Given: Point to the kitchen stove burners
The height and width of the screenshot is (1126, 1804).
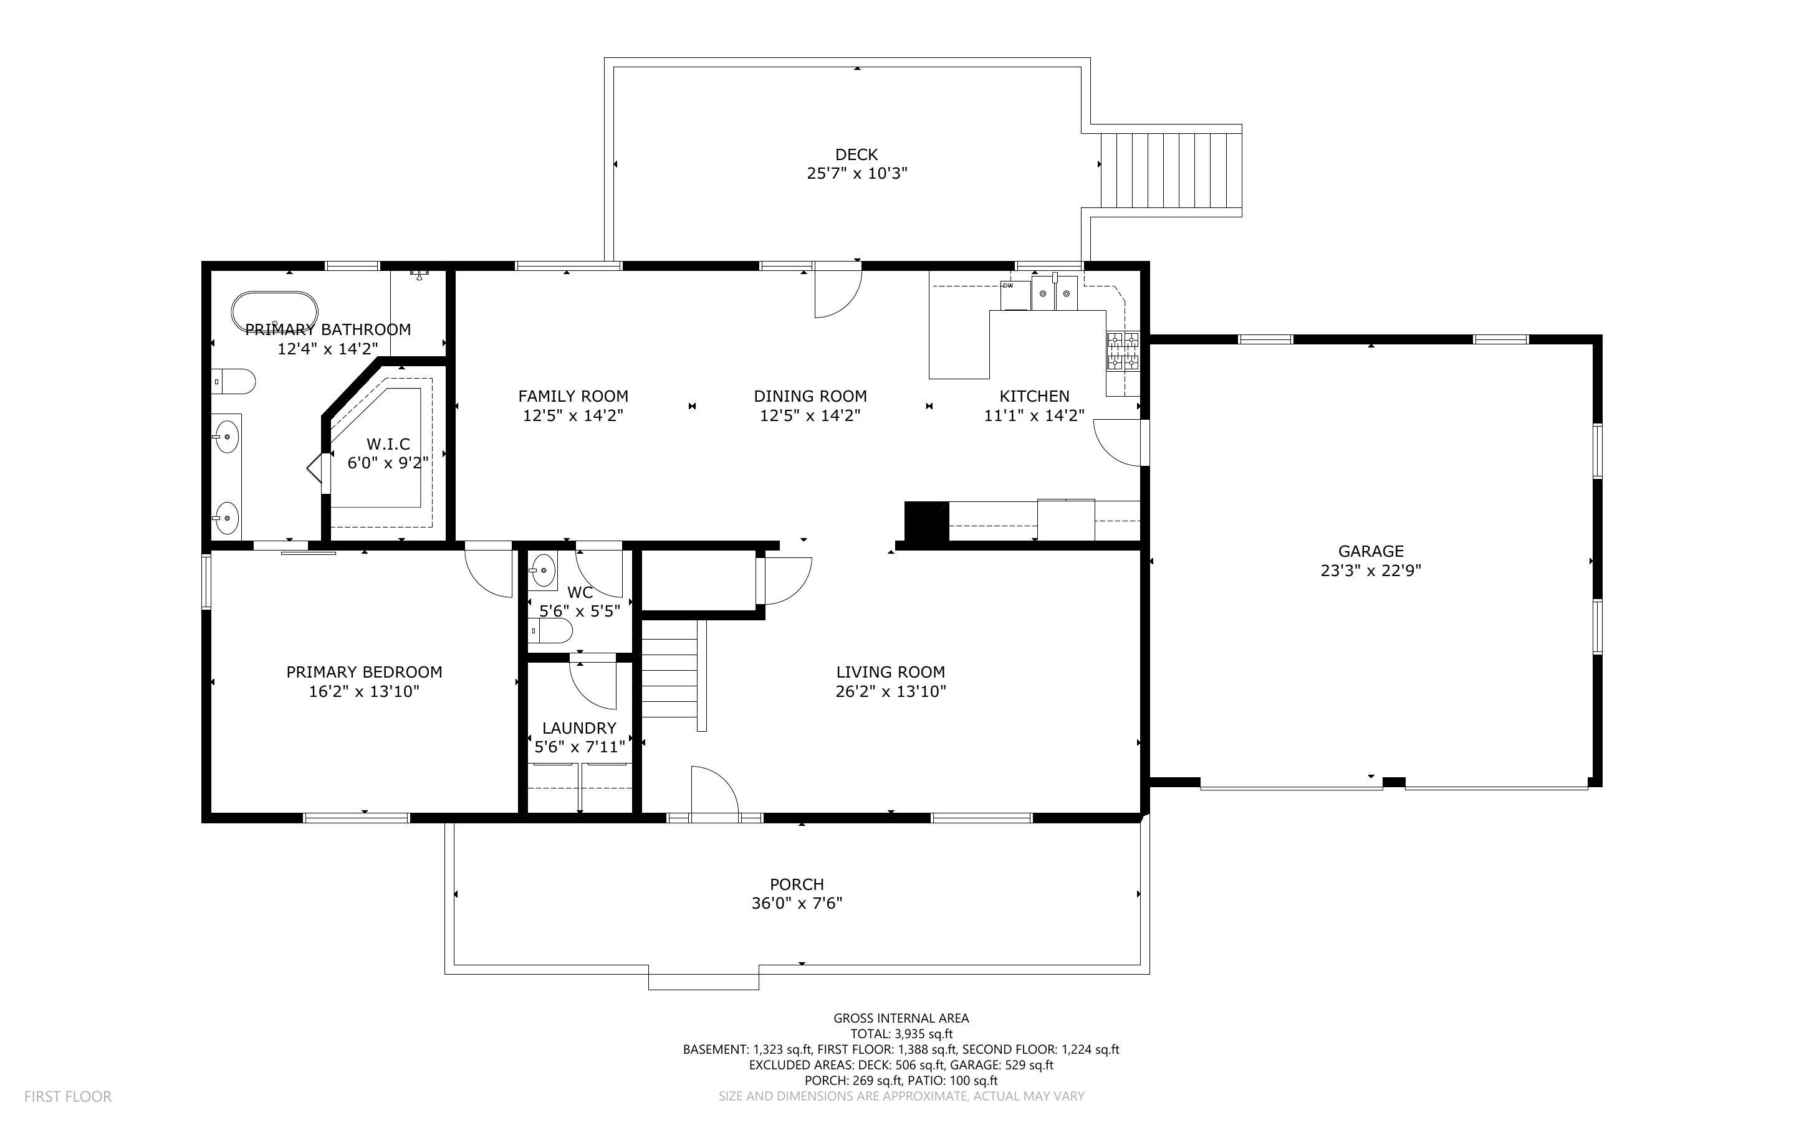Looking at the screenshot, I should click(1123, 351).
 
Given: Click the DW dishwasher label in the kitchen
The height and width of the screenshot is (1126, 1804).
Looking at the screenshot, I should click(1008, 286).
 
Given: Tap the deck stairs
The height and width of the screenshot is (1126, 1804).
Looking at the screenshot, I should click(1171, 171).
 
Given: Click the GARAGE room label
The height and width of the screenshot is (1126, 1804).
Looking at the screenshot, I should click(1370, 551).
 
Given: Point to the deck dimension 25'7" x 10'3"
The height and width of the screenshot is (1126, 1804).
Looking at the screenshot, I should click(857, 174).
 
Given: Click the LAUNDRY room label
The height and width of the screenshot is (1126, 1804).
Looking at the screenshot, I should click(579, 727).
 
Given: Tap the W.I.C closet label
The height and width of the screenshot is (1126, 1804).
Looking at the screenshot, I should click(388, 444).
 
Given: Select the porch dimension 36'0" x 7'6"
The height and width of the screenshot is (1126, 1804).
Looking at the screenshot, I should click(797, 903).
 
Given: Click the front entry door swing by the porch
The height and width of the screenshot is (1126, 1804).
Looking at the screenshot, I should click(714, 795).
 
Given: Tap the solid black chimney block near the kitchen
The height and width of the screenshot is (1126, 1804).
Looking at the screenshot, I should click(926, 521).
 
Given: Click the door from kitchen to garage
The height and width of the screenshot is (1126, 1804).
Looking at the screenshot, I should click(1118, 442).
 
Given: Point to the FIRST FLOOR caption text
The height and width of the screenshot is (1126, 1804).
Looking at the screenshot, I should click(68, 1096).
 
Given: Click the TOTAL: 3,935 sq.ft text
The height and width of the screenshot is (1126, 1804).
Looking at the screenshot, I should click(901, 1034).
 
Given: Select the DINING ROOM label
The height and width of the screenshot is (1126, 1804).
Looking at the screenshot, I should click(810, 396).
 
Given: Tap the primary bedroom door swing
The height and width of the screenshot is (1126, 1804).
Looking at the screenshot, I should click(489, 572).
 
